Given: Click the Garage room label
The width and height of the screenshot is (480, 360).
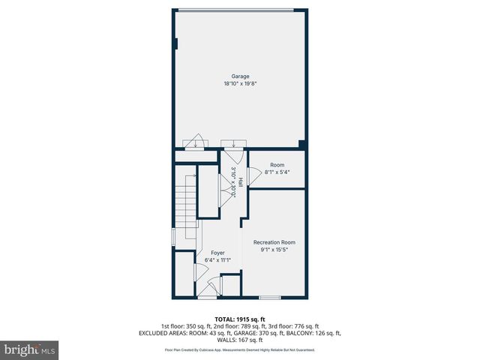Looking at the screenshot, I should (x=240, y=76).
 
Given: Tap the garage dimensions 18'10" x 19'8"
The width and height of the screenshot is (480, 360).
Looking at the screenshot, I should (x=240, y=85).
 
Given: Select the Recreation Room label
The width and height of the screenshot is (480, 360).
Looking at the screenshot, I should (x=274, y=242).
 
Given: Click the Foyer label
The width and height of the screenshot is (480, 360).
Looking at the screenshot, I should (x=217, y=253).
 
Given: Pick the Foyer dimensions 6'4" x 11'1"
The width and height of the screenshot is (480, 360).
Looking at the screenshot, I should (x=217, y=261).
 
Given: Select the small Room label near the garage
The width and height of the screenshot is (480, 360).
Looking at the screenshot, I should (x=277, y=163).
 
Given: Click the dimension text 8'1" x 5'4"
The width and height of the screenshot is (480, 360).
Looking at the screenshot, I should (x=277, y=172).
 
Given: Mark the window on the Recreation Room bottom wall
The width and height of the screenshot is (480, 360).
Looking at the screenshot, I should (x=270, y=298).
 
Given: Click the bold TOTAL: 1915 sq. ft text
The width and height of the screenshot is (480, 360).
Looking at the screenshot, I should (x=240, y=319).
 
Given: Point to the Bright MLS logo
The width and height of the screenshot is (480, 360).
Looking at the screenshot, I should (x=30, y=349).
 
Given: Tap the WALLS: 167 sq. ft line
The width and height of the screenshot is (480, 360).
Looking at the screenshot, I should (x=240, y=339).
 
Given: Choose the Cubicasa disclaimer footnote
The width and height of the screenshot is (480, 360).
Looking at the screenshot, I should (x=240, y=349).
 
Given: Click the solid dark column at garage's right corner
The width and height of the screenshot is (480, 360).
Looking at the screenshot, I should (x=301, y=144).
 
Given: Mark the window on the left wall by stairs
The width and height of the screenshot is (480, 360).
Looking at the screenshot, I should (x=173, y=237).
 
